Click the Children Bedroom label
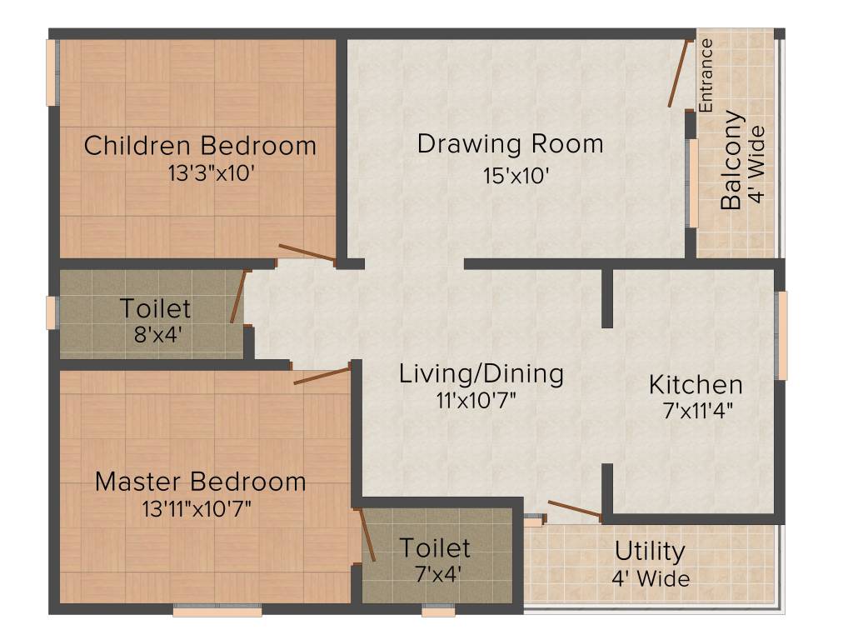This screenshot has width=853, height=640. coord(200,146)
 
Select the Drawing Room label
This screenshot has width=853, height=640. coord(510,143)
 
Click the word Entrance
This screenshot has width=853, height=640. coord(706,76)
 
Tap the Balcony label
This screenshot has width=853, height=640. coord(731,160)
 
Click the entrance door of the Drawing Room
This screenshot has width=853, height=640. coord(678,73)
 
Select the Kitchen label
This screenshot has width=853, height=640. coord(696,385)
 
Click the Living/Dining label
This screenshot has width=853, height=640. coord(481,373)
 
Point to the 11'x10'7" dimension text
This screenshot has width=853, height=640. coord(476,399)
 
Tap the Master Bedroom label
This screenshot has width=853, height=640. coord(200,482)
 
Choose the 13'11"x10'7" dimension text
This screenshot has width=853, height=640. coord(197,508)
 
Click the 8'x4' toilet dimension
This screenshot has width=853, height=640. coord(156,336)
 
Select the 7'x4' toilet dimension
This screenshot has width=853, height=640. coord(434,574)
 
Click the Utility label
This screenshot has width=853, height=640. coord(650,552)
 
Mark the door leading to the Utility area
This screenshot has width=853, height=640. coord(575,510)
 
